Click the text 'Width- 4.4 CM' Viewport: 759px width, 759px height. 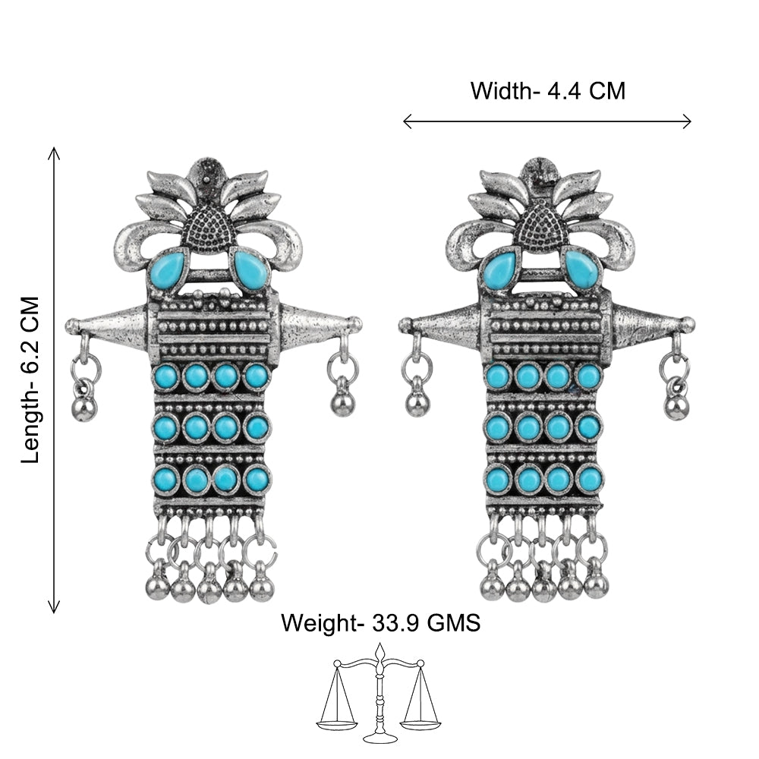[548, 91]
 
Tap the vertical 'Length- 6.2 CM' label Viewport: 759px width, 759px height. [30, 380]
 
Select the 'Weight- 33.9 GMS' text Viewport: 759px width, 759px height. [380, 622]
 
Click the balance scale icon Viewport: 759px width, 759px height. [379, 692]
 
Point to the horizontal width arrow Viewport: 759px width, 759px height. [547, 121]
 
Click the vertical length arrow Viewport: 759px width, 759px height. [54, 380]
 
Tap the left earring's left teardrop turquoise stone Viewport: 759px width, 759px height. [168, 270]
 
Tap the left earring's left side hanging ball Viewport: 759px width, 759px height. [83, 408]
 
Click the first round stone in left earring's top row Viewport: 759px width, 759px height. [165, 376]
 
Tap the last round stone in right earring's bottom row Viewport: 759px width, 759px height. [590, 478]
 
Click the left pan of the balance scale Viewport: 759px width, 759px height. [337, 725]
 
